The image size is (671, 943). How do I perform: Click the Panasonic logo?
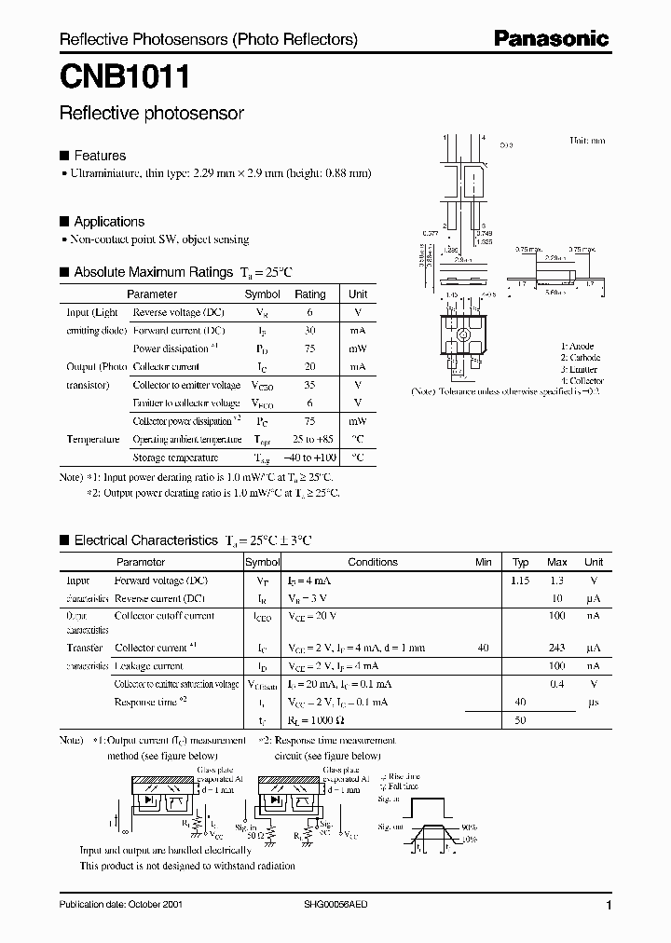[551, 39]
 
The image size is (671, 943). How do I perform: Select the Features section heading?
[100, 156]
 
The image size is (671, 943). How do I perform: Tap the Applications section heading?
[109, 222]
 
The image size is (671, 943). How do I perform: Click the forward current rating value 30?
[310, 331]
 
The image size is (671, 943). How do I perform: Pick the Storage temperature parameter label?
[175, 458]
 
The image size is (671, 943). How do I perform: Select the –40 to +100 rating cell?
[310, 458]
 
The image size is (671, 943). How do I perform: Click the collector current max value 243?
[557, 648]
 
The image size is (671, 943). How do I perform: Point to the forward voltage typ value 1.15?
[520, 581]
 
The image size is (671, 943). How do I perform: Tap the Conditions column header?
[373, 562]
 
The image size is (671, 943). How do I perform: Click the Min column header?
[483, 562]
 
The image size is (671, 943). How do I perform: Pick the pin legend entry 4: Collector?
[582, 380]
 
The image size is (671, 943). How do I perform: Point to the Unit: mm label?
[587, 141]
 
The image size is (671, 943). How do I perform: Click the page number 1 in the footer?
[609, 906]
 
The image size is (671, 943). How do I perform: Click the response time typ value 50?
[520, 720]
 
